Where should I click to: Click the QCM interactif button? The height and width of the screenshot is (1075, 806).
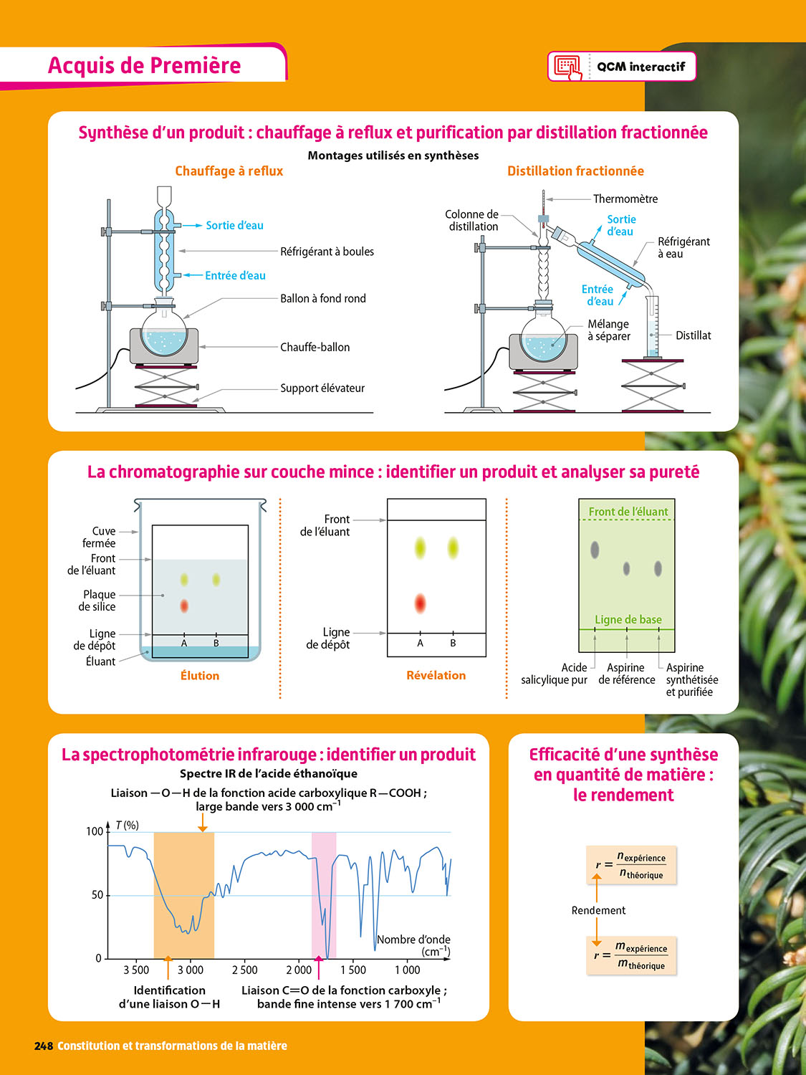pos(621,66)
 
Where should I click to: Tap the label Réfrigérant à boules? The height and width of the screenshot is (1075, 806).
pos(327,252)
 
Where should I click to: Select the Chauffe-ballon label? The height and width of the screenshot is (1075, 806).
pos(315,348)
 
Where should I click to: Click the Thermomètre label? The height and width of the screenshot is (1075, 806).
pos(625,199)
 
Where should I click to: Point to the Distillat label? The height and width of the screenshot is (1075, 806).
pos(693,335)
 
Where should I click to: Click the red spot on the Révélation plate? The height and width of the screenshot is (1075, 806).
pos(420,603)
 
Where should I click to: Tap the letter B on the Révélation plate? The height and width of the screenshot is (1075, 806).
pos(453,643)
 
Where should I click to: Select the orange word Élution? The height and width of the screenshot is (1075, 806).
pos(200,676)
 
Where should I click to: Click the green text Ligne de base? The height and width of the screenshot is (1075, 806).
pos(628,619)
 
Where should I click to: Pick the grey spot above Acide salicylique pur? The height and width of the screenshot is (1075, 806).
pos(595,550)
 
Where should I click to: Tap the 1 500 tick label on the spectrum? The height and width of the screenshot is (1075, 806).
pos(352,970)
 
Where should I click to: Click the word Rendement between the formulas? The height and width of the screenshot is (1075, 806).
pos(598,910)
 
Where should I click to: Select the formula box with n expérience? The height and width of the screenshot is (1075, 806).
pos(631,864)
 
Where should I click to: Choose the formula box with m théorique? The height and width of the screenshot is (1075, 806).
pos(631,955)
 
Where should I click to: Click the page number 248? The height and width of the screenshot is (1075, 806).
pos(44,1046)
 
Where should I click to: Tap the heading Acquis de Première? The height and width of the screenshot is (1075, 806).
pos(145,65)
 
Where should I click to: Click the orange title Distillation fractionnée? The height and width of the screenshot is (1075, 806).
pos(575,171)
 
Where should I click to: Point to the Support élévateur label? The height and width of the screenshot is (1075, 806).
pos(322,388)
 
